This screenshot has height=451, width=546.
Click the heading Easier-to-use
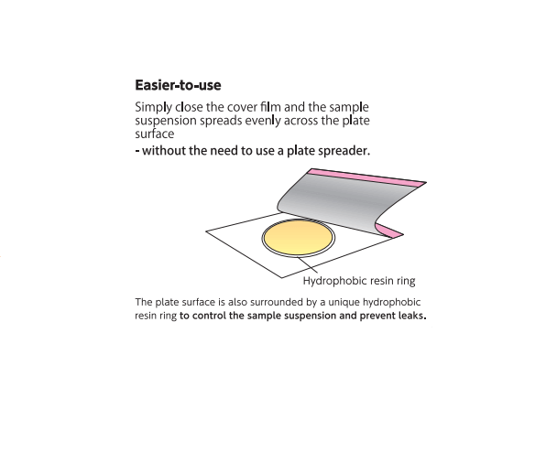click(178, 85)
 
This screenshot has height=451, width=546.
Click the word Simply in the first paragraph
click(153, 107)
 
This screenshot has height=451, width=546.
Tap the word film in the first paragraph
click(270, 107)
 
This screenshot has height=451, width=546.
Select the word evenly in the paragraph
click(263, 121)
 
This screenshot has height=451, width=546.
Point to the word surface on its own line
click(155, 134)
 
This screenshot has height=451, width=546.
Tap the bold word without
click(164, 151)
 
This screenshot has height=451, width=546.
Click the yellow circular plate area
click(298, 238)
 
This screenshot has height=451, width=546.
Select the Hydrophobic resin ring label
click(359, 281)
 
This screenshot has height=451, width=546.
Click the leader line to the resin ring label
click(308, 264)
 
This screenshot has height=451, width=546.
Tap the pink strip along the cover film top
click(368, 177)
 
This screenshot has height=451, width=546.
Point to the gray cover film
click(344, 201)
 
